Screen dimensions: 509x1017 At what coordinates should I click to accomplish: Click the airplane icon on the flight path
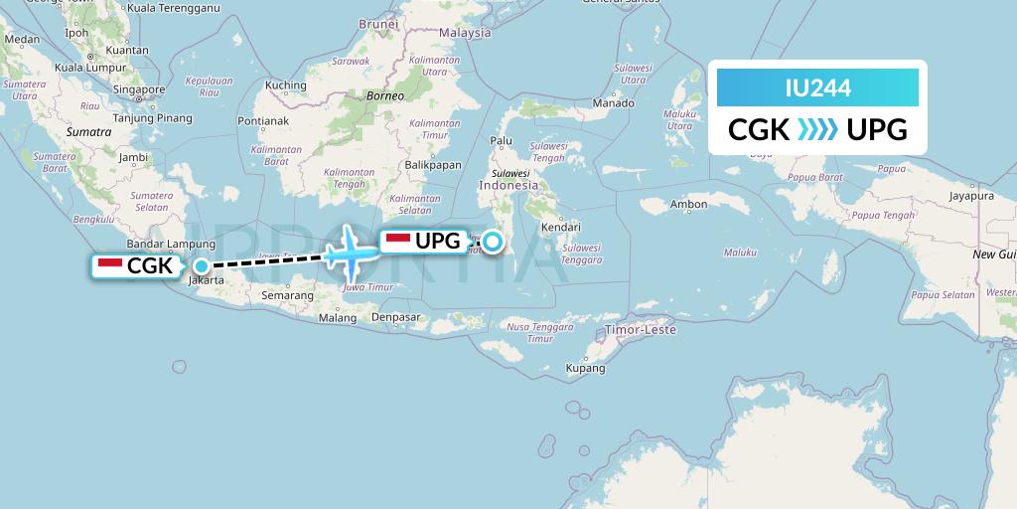point(351,252)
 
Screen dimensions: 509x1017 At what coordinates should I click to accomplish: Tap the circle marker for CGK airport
point(202,265)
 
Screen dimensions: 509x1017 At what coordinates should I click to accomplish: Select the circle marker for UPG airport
point(493,240)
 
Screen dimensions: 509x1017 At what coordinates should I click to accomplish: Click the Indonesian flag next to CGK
point(110,265)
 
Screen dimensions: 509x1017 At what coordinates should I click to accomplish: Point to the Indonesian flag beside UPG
point(397,240)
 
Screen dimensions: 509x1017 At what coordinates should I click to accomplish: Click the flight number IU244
point(817,88)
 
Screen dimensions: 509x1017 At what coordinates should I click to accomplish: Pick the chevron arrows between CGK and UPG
point(817,130)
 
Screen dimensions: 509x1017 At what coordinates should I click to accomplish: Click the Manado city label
point(613,103)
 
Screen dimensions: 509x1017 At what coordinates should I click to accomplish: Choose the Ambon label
point(689,205)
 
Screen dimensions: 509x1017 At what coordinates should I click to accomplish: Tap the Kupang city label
point(585,368)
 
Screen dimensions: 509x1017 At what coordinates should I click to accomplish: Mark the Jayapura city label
point(971,197)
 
